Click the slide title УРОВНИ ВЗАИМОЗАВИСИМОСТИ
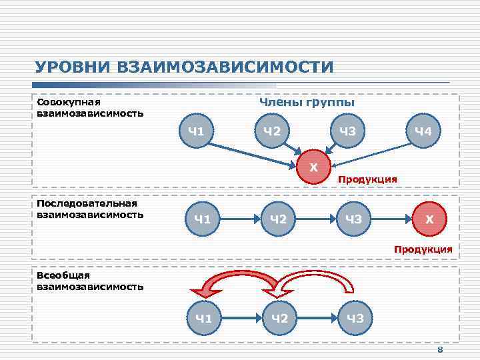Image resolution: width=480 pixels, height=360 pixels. (x=184, y=67)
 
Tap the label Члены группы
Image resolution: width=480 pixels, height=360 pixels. (x=307, y=103)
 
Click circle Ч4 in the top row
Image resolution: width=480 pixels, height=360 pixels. (x=423, y=131)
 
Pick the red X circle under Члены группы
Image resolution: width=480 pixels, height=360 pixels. (x=313, y=167)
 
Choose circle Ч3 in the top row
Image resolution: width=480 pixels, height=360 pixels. (x=347, y=131)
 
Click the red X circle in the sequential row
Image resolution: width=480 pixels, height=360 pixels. (x=429, y=218)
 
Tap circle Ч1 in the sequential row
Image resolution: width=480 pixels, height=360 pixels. (x=203, y=218)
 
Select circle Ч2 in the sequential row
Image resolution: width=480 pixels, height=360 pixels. (x=279, y=218)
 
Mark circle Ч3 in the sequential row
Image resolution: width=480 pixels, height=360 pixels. (x=354, y=218)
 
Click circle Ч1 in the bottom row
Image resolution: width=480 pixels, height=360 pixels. (x=203, y=318)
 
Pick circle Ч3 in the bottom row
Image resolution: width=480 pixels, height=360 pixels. (x=354, y=318)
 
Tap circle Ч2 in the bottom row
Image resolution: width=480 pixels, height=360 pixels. (x=279, y=318)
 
